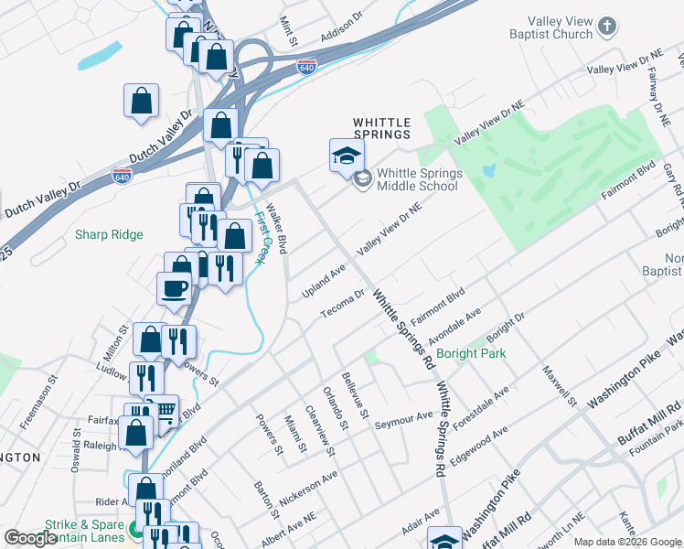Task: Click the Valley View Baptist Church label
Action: (551, 27)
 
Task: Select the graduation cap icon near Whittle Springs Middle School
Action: (347, 155)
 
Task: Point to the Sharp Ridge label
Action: (109, 235)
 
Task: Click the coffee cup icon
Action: (173, 289)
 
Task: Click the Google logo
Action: (30, 538)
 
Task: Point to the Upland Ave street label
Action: (324, 282)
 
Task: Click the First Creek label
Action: (262, 240)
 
